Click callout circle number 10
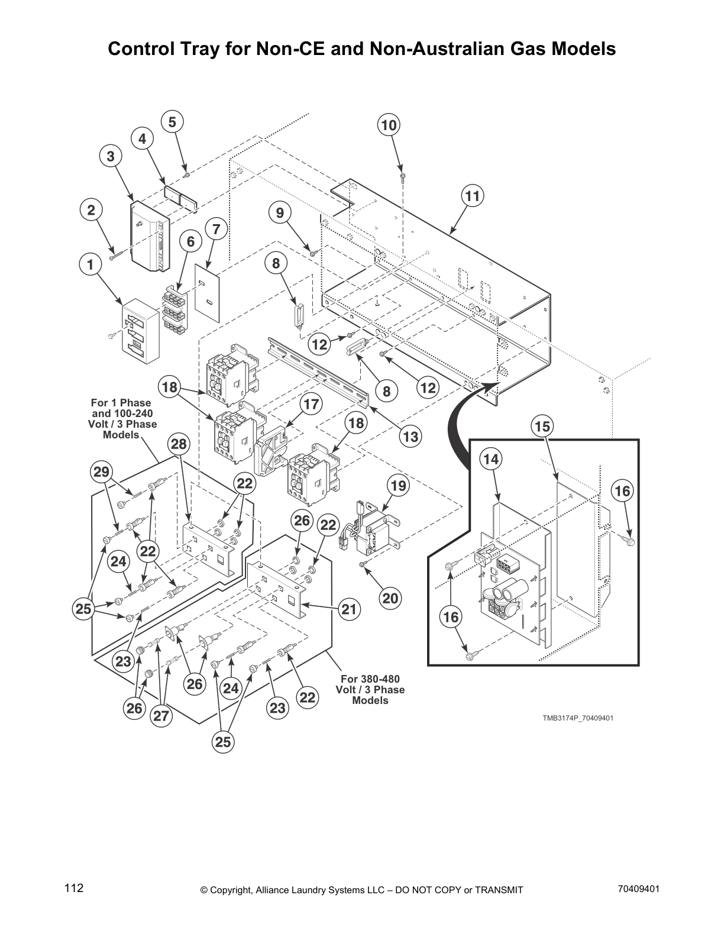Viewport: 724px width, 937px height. coord(389,125)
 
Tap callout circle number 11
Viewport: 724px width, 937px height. coord(473,196)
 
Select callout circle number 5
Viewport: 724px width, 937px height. coord(172,122)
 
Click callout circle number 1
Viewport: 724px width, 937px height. coord(90,266)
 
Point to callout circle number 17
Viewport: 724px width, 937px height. coord(311,405)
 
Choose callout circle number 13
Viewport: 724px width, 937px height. coord(410,437)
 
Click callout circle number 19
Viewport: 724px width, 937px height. coord(399,486)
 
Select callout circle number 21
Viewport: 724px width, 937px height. coord(349,609)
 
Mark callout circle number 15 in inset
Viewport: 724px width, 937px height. coord(542,427)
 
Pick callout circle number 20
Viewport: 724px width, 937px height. coord(390,598)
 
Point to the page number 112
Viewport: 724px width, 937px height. coord(74,888)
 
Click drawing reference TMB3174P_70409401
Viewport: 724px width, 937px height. coord(578,718)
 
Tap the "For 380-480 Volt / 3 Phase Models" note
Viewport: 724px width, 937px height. coord(370,689)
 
